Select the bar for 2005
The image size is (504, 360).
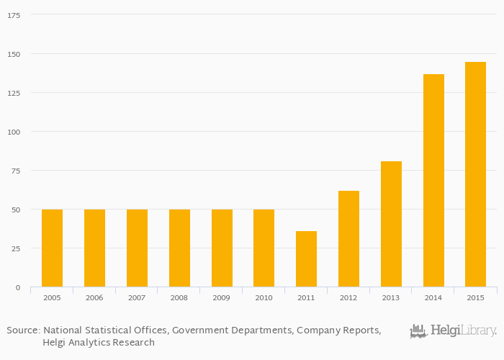coord(52,248)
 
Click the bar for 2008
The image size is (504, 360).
coord(179,248)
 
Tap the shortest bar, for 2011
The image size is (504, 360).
coord(306,258)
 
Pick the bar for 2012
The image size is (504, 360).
coord(348,238)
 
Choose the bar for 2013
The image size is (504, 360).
coord(391,224)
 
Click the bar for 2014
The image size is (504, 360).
coord(433,180)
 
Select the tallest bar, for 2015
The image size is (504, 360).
coord(475,174)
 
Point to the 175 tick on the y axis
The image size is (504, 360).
coord(15,15)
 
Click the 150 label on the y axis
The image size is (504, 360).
coord(15,54)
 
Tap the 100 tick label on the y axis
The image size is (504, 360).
coord(15,132)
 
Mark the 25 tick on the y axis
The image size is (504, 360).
coord(17,248)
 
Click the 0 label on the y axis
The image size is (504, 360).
coord(19,287)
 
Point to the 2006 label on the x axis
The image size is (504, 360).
coord(94,297)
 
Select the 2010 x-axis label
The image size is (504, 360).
coord(264,297)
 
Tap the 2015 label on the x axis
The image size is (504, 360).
coord(475,297)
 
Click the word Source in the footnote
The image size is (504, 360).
coord(22,330)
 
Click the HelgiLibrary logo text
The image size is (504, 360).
coord(463,331)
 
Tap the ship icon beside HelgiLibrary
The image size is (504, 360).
coord(419,331)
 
